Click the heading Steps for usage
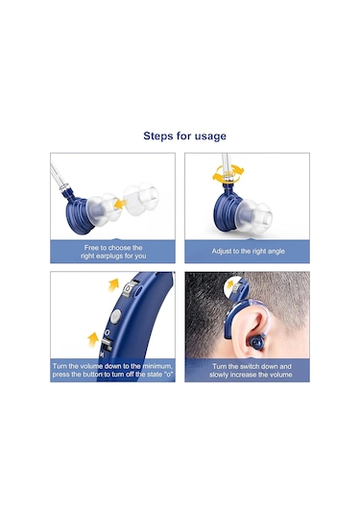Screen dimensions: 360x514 coord(184,136)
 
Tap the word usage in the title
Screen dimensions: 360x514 coord(210,136)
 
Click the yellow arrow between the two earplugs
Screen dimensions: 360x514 coord(120,205)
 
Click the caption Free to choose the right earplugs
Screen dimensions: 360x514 coord(113,252)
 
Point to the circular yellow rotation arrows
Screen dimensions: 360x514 coord(228,174)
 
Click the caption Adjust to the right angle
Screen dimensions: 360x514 coord(248,252)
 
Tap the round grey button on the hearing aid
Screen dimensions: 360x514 coord(115,317)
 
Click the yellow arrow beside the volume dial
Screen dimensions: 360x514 coord(113,284)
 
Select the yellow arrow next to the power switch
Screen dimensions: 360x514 coord(94,339)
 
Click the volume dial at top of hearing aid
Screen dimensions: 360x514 coord(130,289)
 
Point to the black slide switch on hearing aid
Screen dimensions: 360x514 coord(106,345)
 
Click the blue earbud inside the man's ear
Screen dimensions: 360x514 coord(256,343)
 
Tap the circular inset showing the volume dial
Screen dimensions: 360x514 coord(236,289)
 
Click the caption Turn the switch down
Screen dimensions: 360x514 coord(251,371)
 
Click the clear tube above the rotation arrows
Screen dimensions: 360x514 coord(226,163)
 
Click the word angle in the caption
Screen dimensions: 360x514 coord(276,252)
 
